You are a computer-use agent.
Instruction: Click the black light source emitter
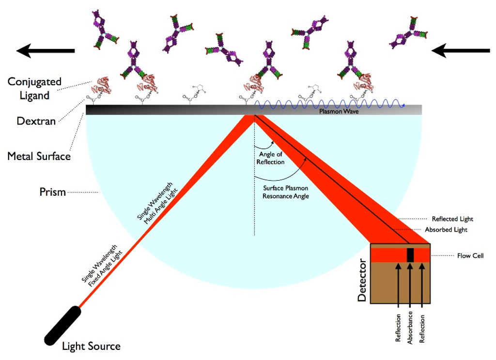(x=63, y=323)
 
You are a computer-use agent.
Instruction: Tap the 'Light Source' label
(x=91, y=346)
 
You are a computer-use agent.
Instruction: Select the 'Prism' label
(x=52, y=192)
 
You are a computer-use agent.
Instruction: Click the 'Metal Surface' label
(x=39, y=156)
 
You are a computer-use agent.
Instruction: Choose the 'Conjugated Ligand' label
(x=34, y=89)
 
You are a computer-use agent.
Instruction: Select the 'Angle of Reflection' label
(x=272, y=158)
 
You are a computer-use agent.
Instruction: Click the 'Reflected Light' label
(x=452, y=219)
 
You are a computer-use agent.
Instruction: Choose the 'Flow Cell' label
(x=470, y=255)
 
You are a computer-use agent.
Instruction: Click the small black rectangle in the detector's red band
(x=410, y=254)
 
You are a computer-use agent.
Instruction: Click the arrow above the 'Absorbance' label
(x=410, y=286)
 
